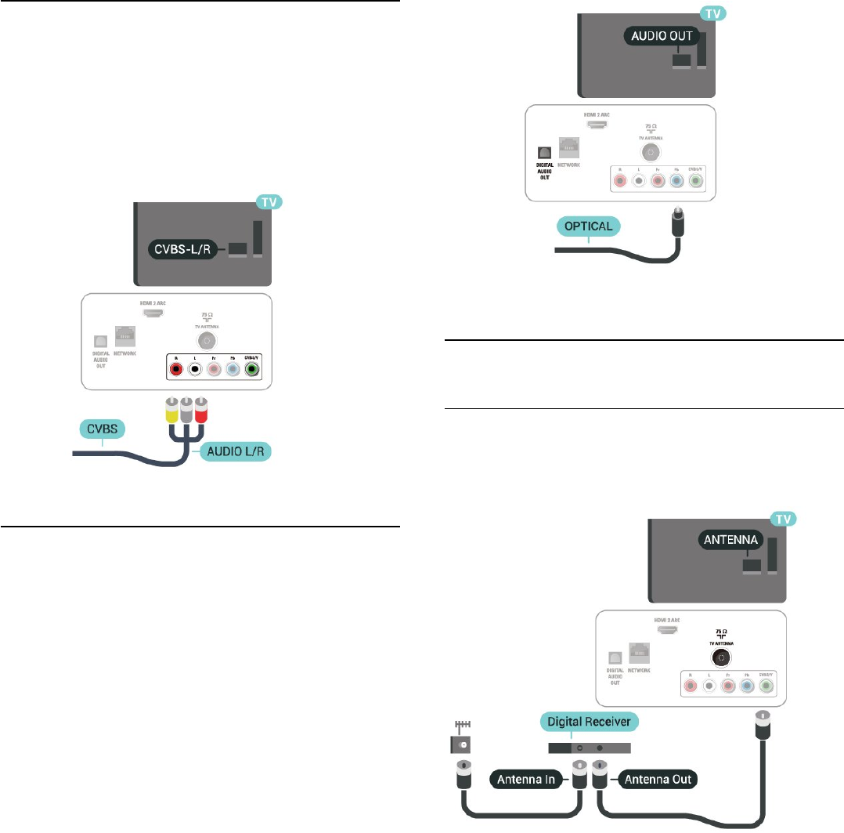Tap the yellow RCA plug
[x=171, y=408]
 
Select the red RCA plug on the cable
[x=200, y=408]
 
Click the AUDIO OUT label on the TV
[x=662, y=35]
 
